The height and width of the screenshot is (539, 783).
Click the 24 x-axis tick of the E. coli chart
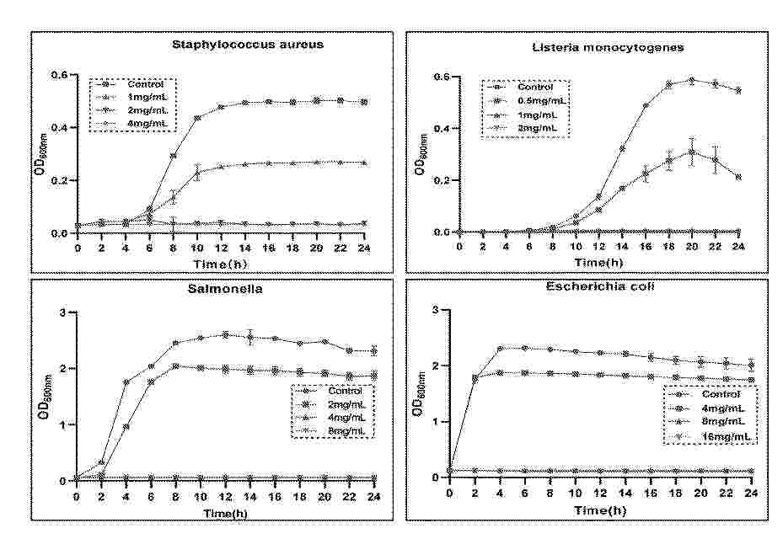click(x=738, y=494)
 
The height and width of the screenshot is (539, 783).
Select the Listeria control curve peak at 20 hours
click(x=691, y=80)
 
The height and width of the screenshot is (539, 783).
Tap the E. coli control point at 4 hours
click(x=501, y=348)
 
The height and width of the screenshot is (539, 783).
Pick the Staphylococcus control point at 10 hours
click(x=197, y=119)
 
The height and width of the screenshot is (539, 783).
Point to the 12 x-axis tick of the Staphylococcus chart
click(x=221, y=249)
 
